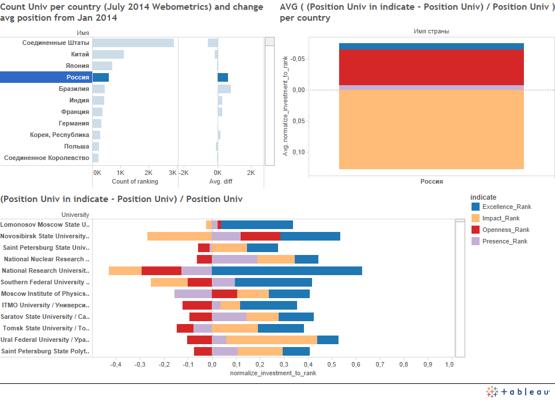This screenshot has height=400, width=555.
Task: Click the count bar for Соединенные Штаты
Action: coord(133,43)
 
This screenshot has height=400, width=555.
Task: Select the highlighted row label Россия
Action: coord(78,78)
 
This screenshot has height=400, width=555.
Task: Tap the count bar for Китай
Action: coord(108,55)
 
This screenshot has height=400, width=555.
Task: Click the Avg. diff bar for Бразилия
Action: coord(224,89)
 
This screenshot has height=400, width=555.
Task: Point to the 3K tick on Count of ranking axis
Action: coord(173,173)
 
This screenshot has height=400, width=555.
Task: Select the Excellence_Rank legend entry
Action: coord(507,207)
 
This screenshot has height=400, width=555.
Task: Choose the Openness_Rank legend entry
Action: coord(505,230)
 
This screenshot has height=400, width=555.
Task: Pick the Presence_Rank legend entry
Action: coord(505,241)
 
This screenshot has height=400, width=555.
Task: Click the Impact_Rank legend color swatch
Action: coord(476,218)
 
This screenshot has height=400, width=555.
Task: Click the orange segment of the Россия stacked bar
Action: coord(431,129)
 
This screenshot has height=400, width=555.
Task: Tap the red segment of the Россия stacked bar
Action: coord(431,67)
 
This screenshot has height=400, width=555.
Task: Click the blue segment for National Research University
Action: coord(287,271)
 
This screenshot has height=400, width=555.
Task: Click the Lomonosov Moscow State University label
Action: coord(45,224)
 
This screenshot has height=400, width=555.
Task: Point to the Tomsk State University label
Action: coord(45,328)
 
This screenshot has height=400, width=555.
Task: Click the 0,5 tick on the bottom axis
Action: coord(332,364)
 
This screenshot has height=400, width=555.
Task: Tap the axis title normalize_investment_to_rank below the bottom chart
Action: coord(273,373)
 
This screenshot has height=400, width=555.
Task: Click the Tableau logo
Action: coord(518,391)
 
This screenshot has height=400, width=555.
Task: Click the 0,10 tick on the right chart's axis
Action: coord(298,152)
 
